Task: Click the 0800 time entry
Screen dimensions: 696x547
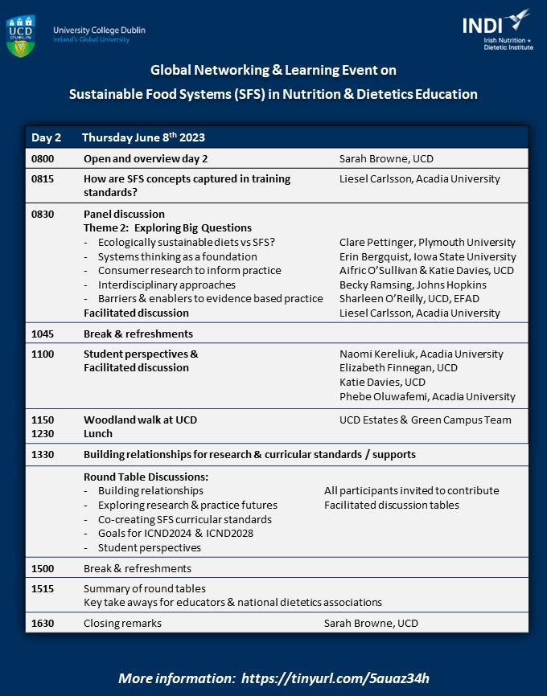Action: (x=43, y=158)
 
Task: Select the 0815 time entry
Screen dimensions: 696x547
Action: (x=43, y=178)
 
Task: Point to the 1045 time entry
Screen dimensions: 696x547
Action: (x=43, y=334)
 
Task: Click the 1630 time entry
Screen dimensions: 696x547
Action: (x=43, y=622)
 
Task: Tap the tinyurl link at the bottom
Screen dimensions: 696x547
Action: (x=341, y=678)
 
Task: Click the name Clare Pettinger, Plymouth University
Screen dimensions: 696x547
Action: (x=427, y=242)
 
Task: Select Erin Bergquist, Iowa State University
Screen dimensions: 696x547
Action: (x=427, y=256)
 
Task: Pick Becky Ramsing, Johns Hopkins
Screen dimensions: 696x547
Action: (x=413, y=285)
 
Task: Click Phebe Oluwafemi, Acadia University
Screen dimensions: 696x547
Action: (x=427, y=396)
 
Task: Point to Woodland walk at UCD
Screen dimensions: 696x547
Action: (x=140, y=420)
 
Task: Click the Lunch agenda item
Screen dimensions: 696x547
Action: (x=97, y=433)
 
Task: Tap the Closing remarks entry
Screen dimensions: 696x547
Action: (x=122, y=622)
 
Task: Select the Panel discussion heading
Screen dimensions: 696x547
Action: (x=124, y=214)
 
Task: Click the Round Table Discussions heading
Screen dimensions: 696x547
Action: (x=146, y=476)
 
